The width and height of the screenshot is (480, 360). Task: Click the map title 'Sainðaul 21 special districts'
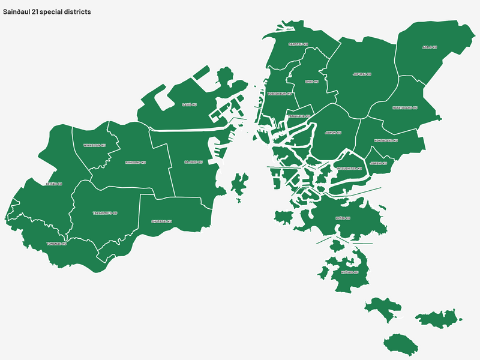tap(47, 12)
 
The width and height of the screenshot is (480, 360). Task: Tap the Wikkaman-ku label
tap(94, 145)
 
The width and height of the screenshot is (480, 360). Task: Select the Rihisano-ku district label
tap(136, 162)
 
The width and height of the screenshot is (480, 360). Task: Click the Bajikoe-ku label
tap(193, 162)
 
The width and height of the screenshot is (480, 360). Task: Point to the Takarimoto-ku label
tap(105, 213)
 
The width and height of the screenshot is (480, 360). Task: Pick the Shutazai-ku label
tap(161, 221)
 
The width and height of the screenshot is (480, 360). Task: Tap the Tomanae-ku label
tap(56, 244)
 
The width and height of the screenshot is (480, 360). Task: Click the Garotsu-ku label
tap(298, 44)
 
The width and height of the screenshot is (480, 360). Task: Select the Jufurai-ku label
tap(362, 74)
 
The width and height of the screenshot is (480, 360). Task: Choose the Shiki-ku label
tap(310, 81)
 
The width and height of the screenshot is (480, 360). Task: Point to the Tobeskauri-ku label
tap(280, 94)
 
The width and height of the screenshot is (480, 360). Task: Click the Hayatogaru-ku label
tap(404, 108)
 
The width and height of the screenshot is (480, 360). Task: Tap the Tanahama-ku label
tap(298, 116)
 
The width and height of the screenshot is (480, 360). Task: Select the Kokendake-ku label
tap(386, 141)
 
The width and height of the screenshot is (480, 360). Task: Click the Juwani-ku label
tap(378, 163)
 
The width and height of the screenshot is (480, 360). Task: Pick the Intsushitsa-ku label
tap(349, 168)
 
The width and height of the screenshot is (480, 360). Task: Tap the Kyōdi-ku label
tap(343, 218)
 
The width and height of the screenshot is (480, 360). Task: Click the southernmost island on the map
tap(400, 344)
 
